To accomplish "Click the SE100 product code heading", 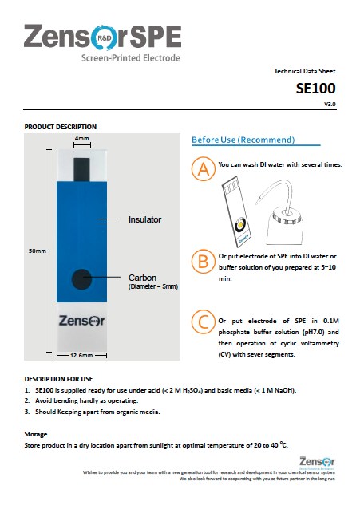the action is point(316,88).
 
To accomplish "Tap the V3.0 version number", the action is point(330,104).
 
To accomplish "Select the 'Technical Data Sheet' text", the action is point(304,71).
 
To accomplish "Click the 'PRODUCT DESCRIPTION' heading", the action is point(61,127).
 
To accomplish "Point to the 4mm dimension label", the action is point(82,139).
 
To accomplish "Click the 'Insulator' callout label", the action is point(145,218).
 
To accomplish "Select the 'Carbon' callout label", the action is point(141,278).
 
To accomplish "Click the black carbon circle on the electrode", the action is point(79,279).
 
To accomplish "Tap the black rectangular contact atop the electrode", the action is point(82,168).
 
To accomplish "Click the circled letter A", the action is point(204,169).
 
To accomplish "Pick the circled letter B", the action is point(204,260).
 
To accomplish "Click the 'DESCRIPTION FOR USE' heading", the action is point(59,378).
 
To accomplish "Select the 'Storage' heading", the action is point(36,433).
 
